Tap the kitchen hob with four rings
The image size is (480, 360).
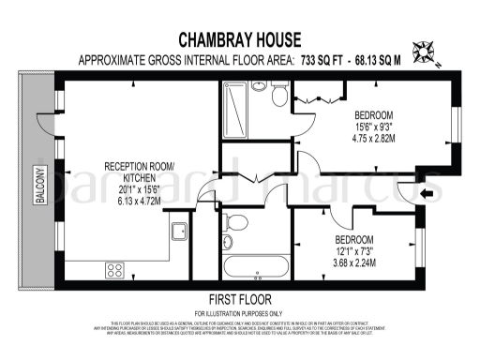pos(115,269)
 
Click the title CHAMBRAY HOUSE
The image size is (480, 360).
pos(240,40)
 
